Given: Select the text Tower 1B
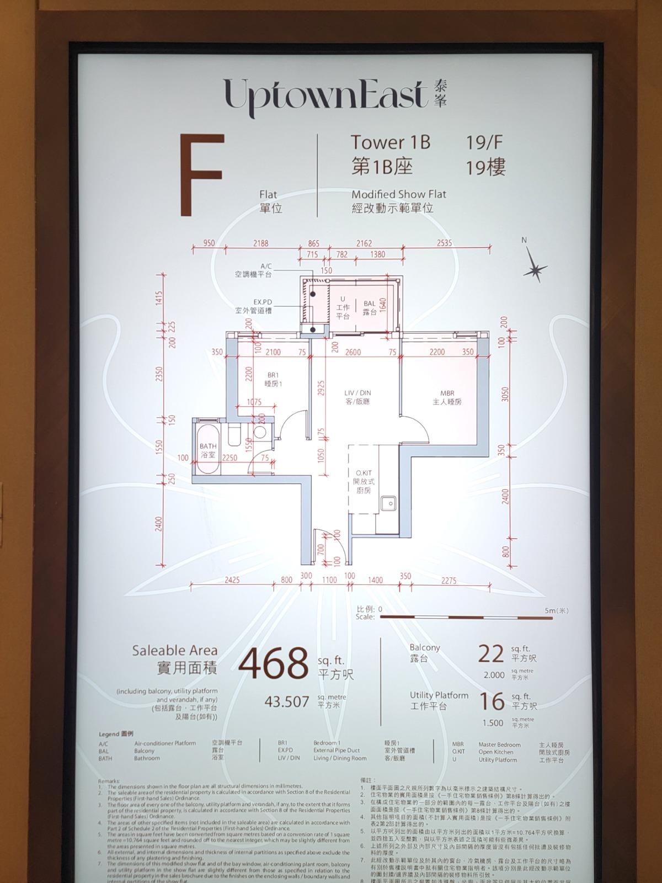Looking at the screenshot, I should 391,142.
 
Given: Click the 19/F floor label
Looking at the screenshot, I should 484,142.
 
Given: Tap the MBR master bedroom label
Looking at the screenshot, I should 447,397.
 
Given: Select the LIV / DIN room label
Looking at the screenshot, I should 357,397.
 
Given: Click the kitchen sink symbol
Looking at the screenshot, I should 388,503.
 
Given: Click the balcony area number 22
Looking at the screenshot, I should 491,655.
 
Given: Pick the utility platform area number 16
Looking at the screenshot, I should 491,701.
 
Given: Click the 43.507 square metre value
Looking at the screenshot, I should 286,701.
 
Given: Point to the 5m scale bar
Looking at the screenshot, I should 466,616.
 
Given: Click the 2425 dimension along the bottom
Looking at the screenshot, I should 232,580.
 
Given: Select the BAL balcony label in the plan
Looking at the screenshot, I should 369,307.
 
